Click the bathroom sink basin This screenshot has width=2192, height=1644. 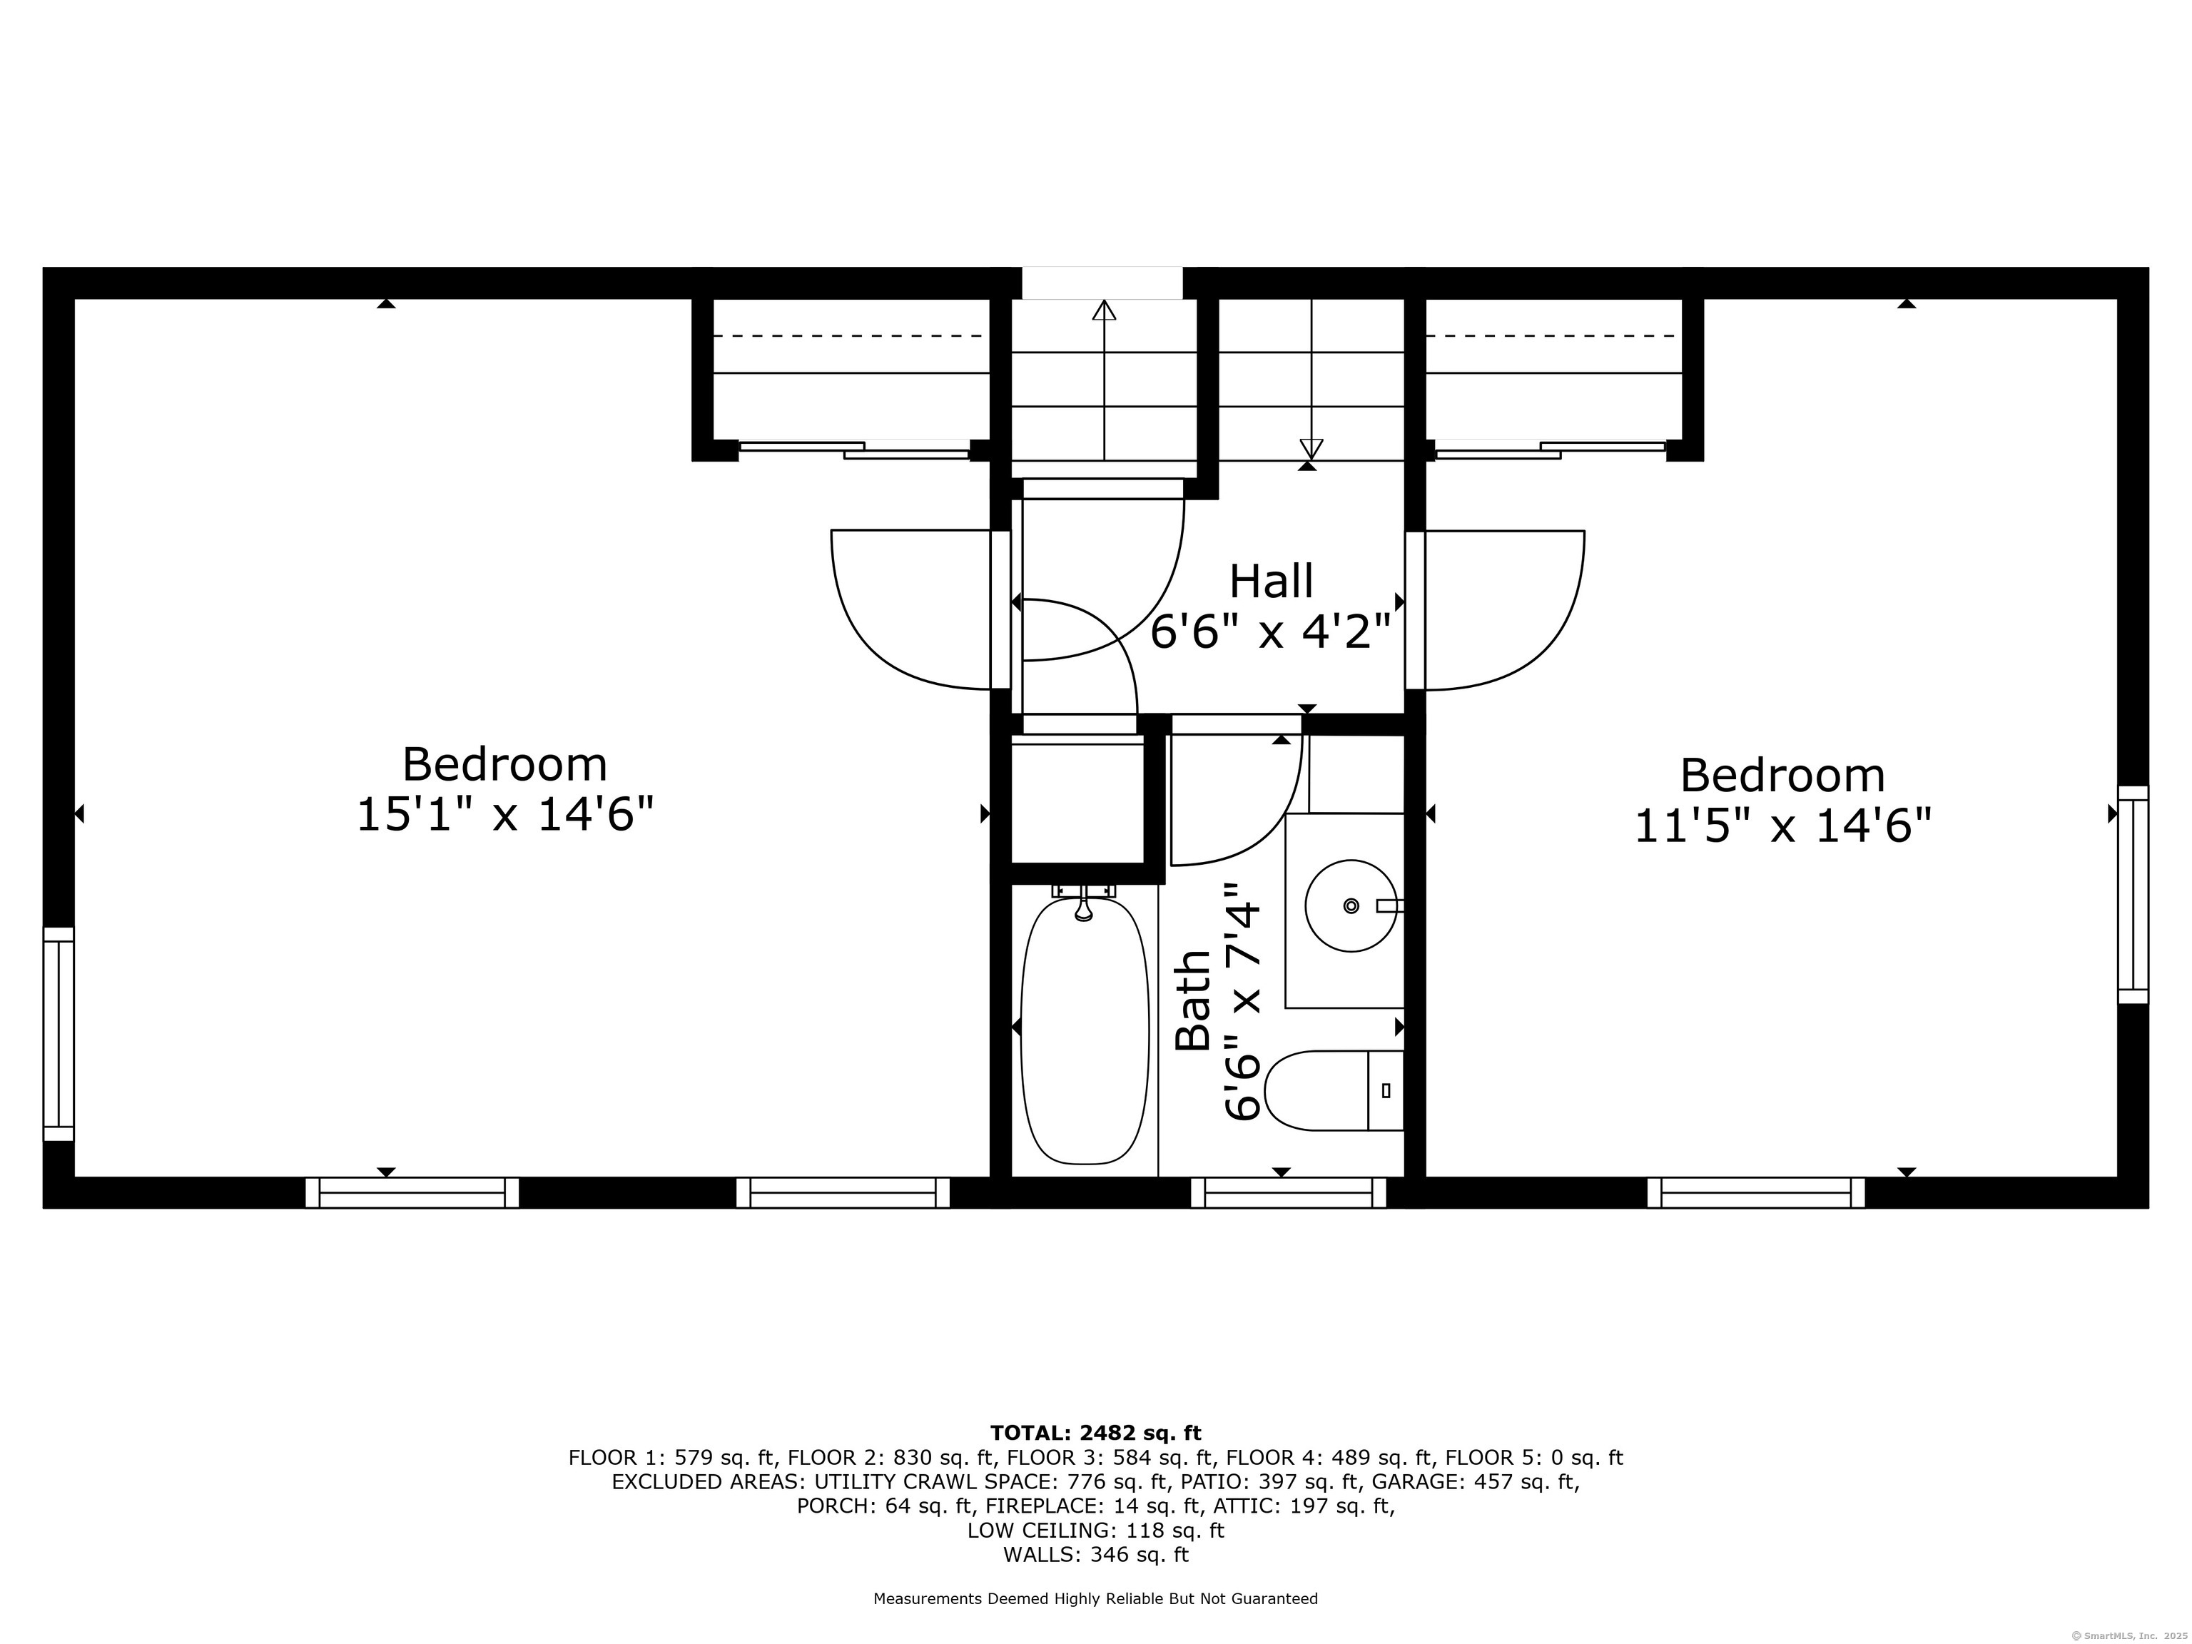[1351, 905]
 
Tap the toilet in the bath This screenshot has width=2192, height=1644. [1333, 1090]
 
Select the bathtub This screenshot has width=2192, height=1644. [1084, 1030]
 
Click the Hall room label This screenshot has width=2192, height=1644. [1272, 582]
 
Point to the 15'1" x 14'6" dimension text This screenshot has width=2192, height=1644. [505, 816]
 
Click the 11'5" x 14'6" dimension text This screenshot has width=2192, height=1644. [1782, 826]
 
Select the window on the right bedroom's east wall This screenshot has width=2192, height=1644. [2133, 895]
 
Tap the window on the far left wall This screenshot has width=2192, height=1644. [59, 1034]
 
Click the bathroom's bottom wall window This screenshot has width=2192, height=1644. [1287, 1192]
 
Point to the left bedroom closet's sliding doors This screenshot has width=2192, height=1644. [854, 450]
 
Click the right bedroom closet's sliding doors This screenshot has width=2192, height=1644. [1551, 450]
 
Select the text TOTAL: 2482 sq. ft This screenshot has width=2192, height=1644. [1095, 1433]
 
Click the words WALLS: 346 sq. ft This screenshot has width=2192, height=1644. [1095, 1555]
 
